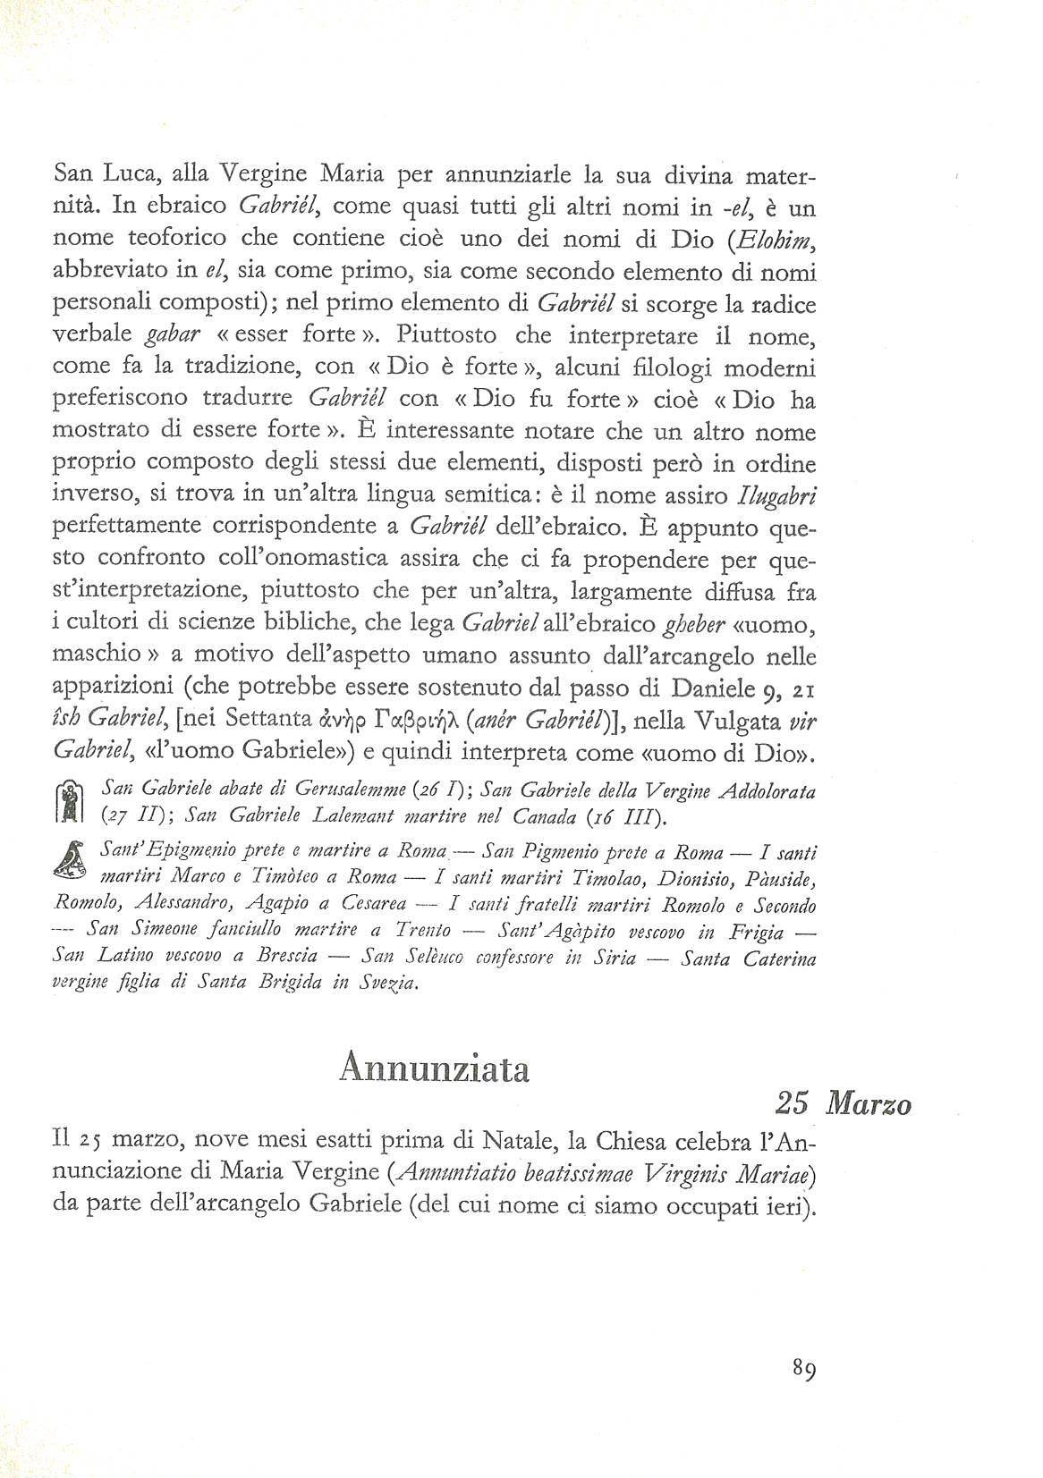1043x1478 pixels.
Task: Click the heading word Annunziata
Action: click(x=435, y=1069)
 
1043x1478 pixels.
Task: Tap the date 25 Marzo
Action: click(x=843, y=1105)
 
